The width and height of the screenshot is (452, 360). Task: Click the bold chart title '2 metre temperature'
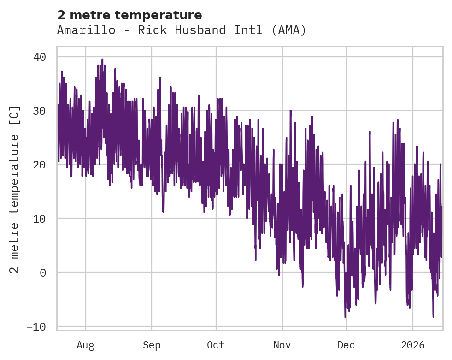click(x=129, y=15)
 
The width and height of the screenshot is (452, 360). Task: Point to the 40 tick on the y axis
click(x=39, y=57)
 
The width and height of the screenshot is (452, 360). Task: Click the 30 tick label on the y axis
click(x=39, y=110)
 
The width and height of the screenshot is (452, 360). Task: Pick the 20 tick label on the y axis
click(x=39, y=164)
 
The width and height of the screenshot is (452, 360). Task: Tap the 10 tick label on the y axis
click(x=39, y=218)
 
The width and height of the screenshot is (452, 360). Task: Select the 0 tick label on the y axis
click(x=42, y=272)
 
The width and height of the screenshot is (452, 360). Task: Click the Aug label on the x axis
click(x=85, y=345)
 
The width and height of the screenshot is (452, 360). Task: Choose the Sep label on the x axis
click(x=151, y=345)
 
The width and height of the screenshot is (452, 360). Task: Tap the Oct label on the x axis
click(x=216, y=345)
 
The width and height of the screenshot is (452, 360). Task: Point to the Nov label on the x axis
click(x=282, y=345)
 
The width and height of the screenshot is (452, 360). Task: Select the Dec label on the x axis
click(x=346, y=345)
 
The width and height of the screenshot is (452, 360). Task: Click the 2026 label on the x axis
click(x=412, y=345)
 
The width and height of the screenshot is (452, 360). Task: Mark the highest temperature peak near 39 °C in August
click(x=102, y=60)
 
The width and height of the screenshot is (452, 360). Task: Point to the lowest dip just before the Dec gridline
click(x=345, y=317)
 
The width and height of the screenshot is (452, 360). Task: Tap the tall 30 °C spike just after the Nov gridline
click(x=290, y=111)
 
